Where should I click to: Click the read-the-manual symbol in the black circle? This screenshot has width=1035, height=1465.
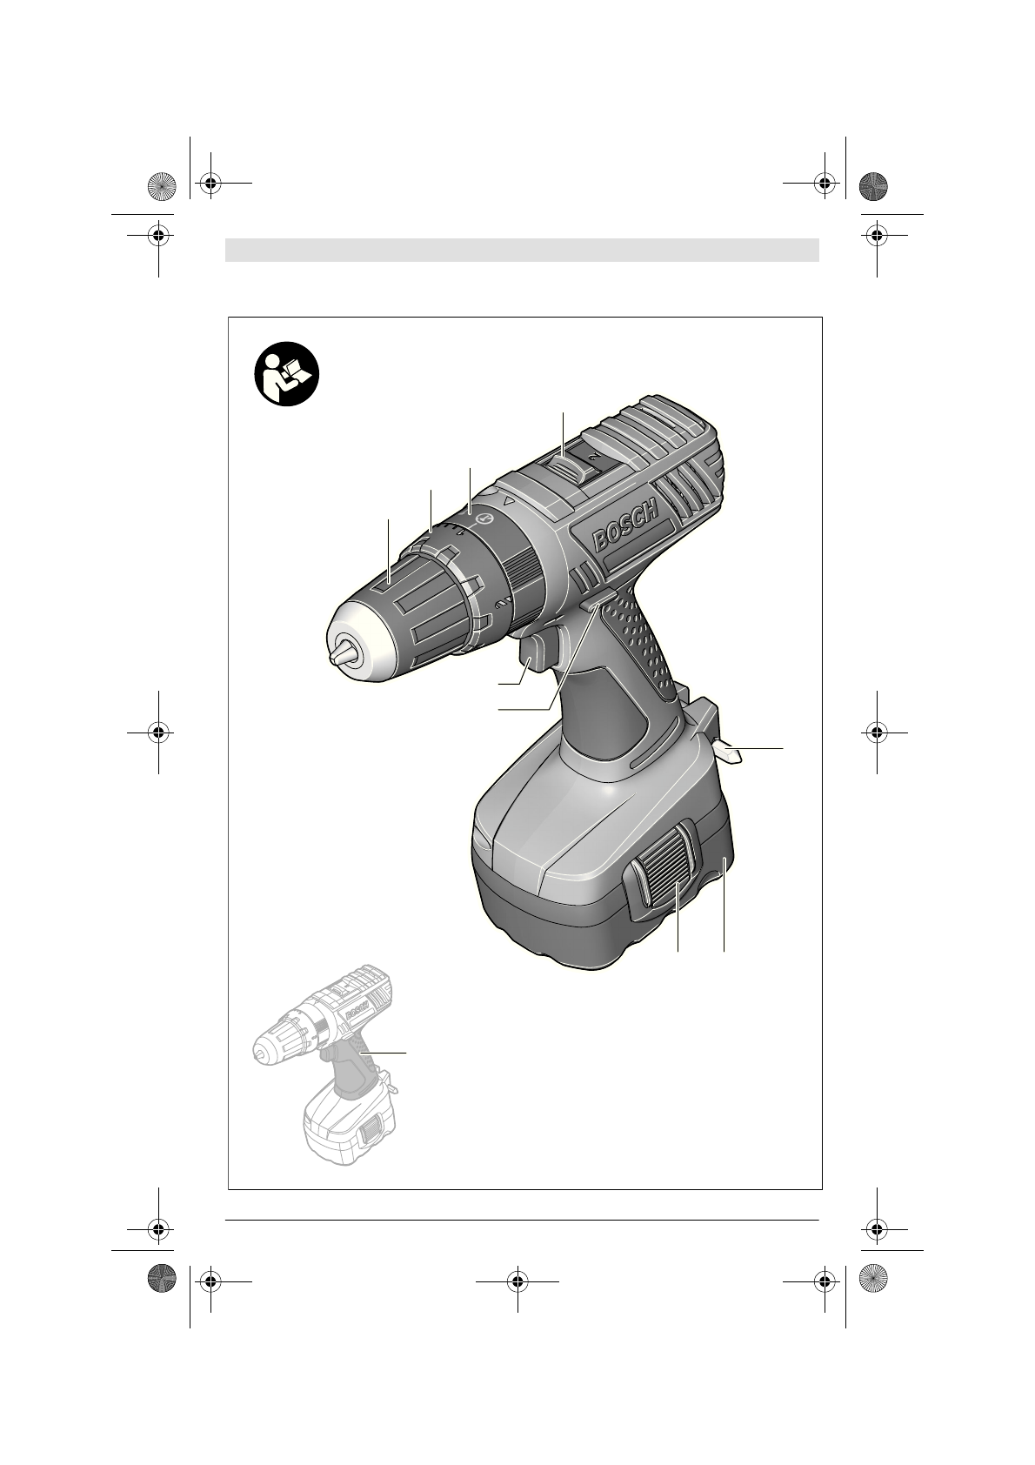point(286,373)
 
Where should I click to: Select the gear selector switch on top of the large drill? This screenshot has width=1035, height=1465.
point(564,465)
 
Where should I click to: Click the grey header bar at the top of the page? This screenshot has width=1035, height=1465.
point(522,250)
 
